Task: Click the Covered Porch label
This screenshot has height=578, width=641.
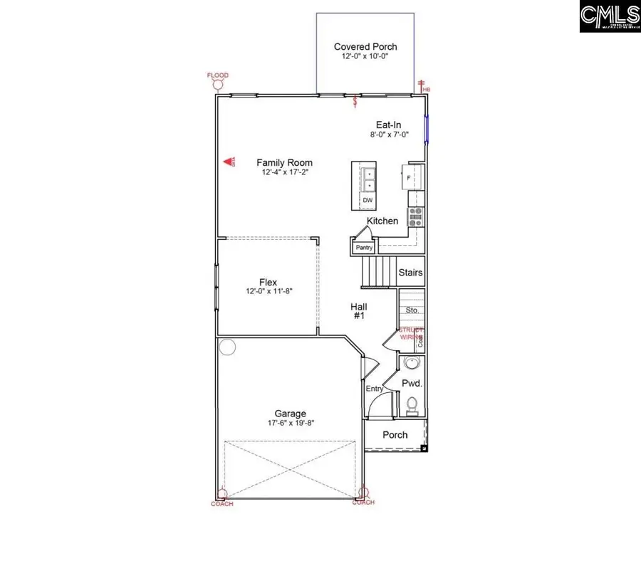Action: (365, 47)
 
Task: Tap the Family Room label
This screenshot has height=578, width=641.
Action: (284, 163)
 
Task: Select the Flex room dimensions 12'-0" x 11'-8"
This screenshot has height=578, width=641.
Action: (268, 291)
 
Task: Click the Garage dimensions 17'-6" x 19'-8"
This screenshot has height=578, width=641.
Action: (291, 422)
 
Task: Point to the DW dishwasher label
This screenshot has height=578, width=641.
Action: (368, 201)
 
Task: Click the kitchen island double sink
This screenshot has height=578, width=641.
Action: (369, 179)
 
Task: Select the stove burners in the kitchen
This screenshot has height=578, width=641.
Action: (415, 216)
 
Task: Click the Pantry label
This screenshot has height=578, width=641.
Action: (364, 248)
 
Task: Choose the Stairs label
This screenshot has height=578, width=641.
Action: (410, 273)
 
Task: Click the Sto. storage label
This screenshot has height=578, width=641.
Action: (412, 310)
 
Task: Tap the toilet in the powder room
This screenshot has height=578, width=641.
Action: (412, 406)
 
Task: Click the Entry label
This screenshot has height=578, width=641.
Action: (375, 389)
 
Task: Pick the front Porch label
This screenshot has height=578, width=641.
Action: (395, 435)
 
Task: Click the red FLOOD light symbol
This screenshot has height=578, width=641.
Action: (218, 83)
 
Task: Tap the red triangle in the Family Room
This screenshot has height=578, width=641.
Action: (229, 163)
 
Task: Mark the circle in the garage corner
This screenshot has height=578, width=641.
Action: (227, 347)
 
